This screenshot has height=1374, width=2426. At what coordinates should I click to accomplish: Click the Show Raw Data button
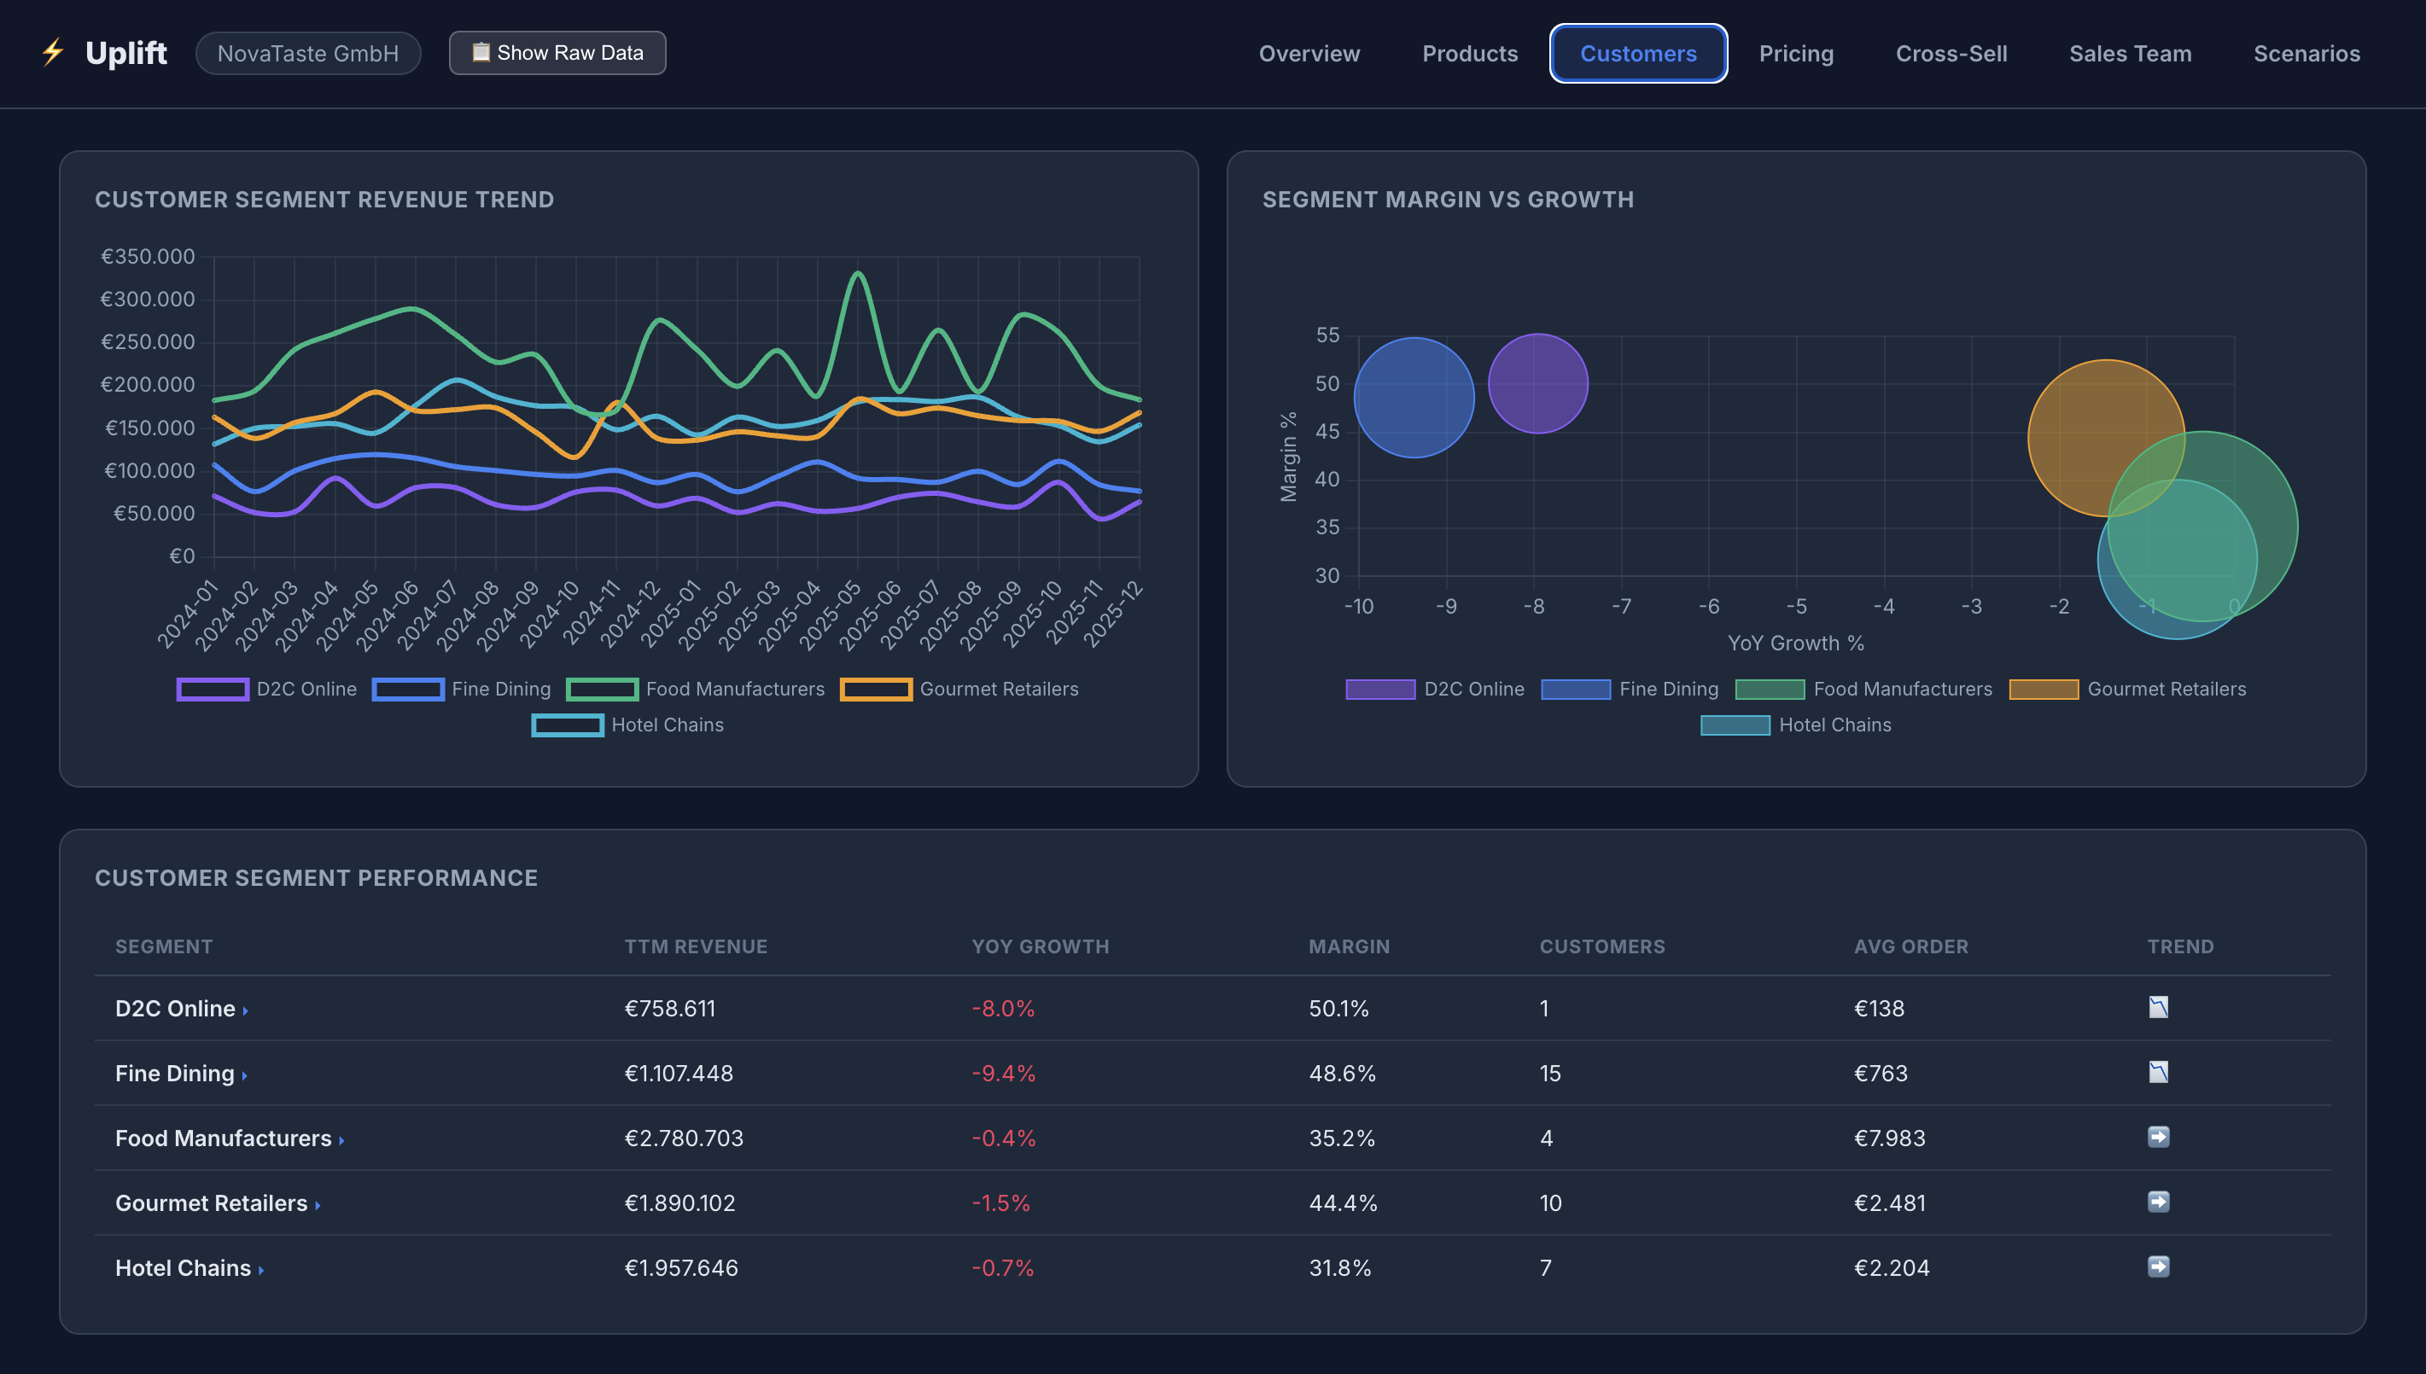click(557, 53)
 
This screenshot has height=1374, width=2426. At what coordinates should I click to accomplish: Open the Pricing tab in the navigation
click(1796, 54)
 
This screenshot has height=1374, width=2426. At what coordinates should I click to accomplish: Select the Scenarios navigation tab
click(2306, 54)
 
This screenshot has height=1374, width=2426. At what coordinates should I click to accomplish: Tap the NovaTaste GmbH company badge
click(307, 54)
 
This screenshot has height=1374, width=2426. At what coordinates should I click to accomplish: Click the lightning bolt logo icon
click(53, 52)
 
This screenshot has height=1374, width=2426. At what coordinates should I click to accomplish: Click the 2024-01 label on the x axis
click(187, 615)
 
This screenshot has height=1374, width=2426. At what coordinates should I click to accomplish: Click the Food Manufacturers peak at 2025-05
click(858, 274)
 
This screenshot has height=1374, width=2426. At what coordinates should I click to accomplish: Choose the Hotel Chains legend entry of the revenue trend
click(627, 725)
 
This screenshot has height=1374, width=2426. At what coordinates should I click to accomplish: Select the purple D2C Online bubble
click(1538, 384)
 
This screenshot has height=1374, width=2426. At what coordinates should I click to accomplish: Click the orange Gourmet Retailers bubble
click(2106, 438)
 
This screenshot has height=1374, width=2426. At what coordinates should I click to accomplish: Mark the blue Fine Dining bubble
click(1414, 398)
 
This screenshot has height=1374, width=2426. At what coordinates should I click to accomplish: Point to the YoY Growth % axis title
click(1796, 643)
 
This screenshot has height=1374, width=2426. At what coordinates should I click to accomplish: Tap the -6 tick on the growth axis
click(1709, 606)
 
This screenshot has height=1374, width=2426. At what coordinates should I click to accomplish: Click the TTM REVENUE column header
click(696, 946)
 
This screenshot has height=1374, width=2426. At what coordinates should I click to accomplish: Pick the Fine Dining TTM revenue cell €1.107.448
click(679, 1073)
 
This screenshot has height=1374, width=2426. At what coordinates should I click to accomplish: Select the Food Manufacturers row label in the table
click(224, 1138)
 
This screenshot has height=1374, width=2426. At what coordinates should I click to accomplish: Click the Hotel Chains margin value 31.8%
click(1340, 1267)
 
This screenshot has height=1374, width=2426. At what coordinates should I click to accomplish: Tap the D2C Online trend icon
click(2158, 1007)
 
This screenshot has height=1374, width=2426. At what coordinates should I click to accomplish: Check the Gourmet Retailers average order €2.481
click(1889, 1203)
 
